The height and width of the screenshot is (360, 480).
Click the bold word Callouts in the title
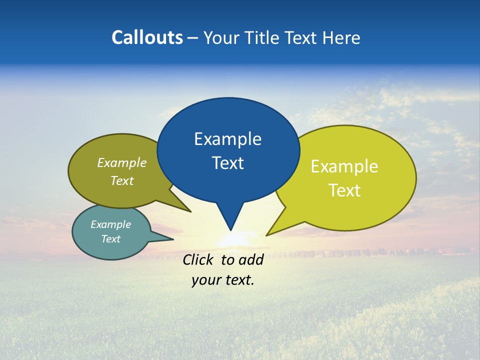pyautogui.click(x=147, y=37)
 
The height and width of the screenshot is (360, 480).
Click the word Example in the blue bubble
pyautogui.click(x=227, y=139)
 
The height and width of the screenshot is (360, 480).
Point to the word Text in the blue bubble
pyautogui.click(x=227, y=163)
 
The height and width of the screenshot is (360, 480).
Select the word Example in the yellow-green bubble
pyautogui.click(x=344, y=166)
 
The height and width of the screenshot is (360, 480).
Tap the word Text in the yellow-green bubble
pyautogui.click(x=344, y=190)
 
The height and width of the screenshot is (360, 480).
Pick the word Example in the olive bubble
pyautogui.click(x=122, y=162)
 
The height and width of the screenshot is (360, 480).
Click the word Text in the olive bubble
pyautogui.click(x=122, y=180)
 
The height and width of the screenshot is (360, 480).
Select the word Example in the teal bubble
pyautogui.click(x=110, y=224)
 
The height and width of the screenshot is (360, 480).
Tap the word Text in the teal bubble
pyautogui.click(x=110, y=239)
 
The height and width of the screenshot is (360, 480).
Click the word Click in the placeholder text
pyautogui.click(x=199, y=259)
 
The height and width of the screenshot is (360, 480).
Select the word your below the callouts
pyautogui.click(x=206, y=280)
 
